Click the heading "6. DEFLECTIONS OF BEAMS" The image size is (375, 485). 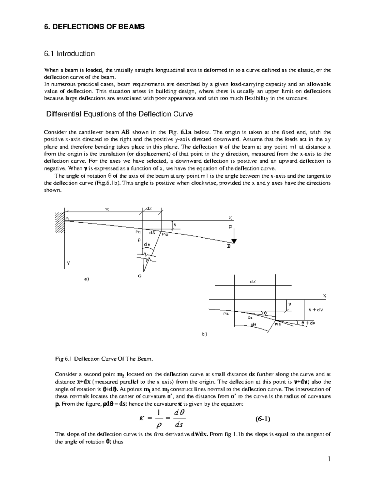tap(94, 27)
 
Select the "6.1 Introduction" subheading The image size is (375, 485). tap(69, 54)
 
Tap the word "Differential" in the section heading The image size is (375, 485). tap(62, 114)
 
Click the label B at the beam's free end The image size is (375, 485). tap(228, 246)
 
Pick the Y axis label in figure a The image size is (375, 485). tap(68, 264)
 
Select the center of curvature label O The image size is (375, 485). tap(139, 276)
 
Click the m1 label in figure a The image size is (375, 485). tap(138, 232)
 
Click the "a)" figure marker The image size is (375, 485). tap(87, 279)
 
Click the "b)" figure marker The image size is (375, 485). tap(204, 334)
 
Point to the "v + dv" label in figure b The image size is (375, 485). tap(315, 310)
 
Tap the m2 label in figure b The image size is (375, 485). tap(278, 325)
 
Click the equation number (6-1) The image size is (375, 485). tap(262, 419)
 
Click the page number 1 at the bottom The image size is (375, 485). tap(329, 459)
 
